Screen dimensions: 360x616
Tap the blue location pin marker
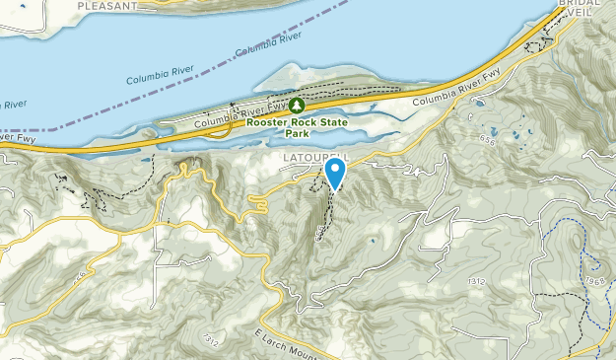click(335, 173)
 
